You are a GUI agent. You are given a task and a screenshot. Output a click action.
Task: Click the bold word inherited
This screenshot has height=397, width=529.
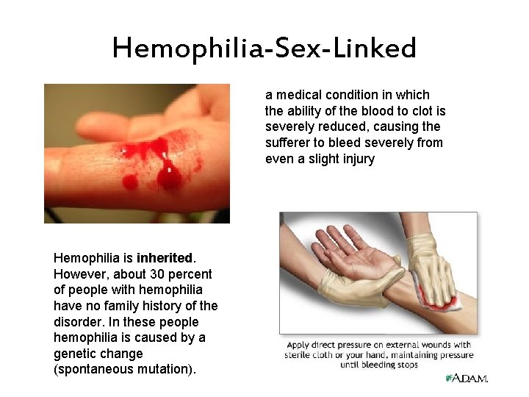(164, 258)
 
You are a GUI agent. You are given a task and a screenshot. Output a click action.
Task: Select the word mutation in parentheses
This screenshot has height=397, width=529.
(159, 370)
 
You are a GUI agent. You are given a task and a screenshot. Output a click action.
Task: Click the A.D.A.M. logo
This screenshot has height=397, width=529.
(467, 378)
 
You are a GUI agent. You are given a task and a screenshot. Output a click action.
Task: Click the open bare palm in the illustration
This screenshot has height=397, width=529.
(345, 265)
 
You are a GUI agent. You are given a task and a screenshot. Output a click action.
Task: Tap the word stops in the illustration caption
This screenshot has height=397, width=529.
(403, 365)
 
